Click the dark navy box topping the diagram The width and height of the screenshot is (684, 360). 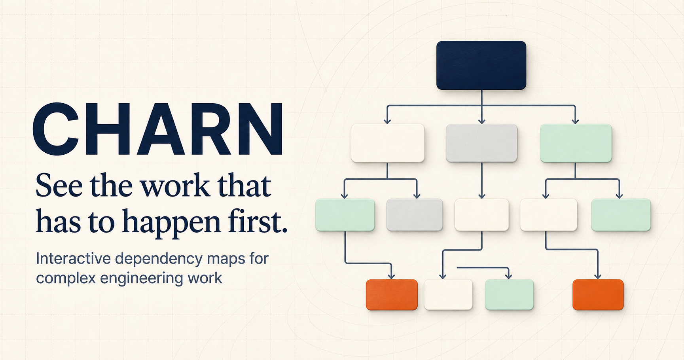click(481, 65)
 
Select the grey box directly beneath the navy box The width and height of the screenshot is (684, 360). click(481, 143)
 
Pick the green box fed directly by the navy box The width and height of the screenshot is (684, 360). click(576, 143)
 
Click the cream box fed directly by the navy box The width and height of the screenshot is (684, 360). click(388, 143)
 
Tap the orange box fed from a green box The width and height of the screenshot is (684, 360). click(392, 295)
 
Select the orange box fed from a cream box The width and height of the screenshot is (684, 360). click(598, 295)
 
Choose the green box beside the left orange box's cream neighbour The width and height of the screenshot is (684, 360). click(509, 295)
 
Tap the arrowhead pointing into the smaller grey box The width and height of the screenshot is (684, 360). click(417, 195)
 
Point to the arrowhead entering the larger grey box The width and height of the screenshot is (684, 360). click(481, 121)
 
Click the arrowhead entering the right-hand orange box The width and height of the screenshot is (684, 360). click(598, 276)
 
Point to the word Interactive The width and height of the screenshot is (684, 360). click(73, 258)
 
